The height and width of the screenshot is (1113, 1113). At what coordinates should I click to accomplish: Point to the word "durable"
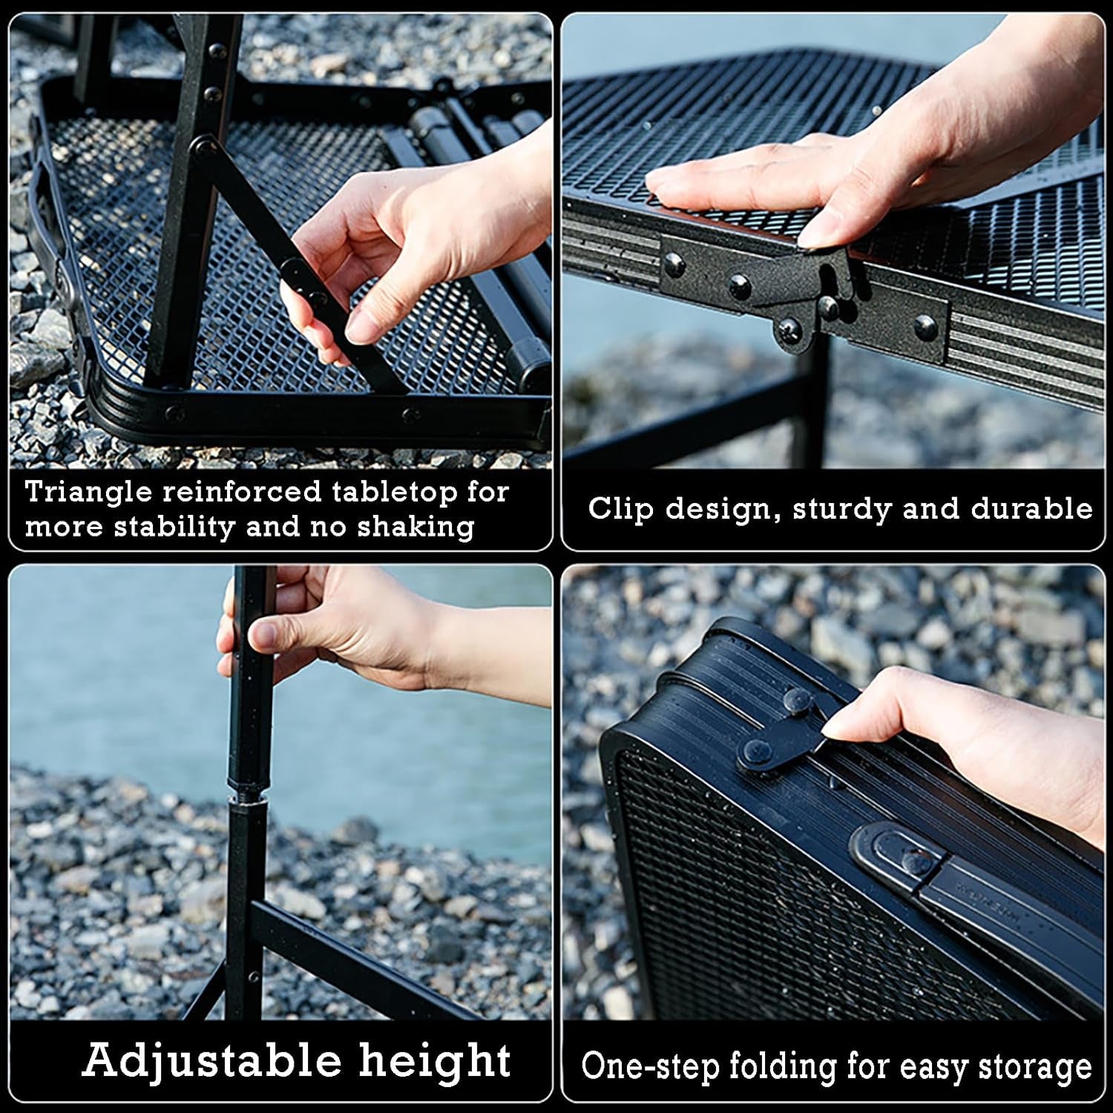[1031, 509]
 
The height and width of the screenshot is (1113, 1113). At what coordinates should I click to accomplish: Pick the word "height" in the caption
[436, 1060]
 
